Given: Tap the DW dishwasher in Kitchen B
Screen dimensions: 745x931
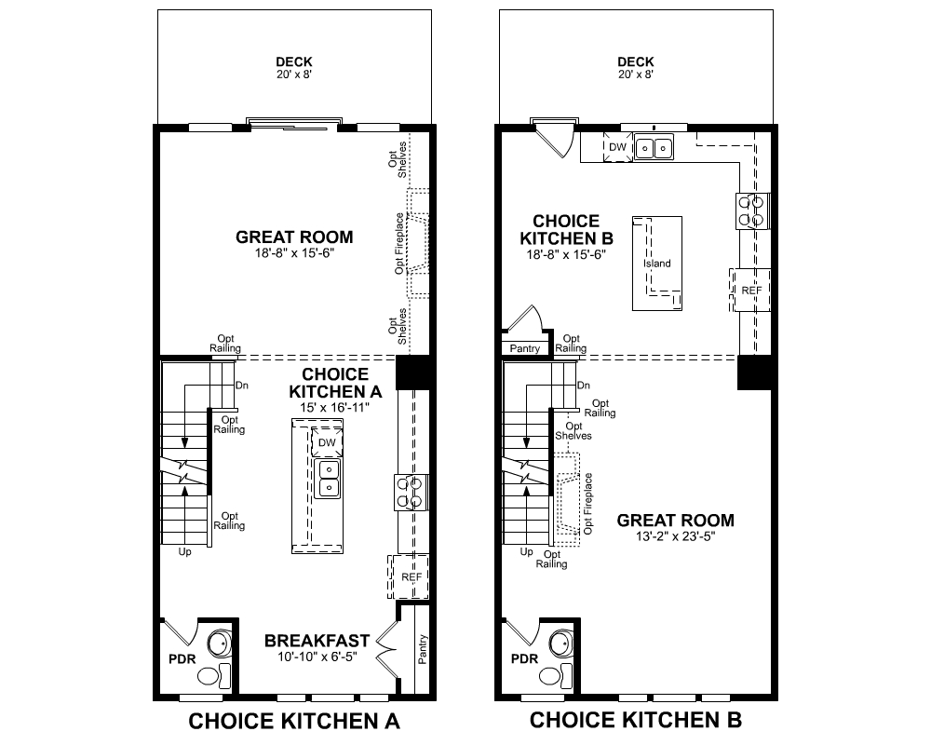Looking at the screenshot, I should pyautogui.click(x=617, y=147).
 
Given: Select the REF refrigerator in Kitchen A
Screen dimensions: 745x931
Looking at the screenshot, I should pyautogui.click(x=411, y=577).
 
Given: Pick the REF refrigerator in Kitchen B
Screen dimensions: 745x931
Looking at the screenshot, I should pyautogui.click(x=751, y=291).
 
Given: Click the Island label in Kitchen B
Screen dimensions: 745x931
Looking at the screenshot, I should pyautogui.click(x=656, y=264).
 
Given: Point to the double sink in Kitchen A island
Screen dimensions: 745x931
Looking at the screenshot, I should pyautogui.click(x=327, y=479).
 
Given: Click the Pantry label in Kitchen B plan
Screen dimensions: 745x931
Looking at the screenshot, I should pyautogui.click(x=525, y=348).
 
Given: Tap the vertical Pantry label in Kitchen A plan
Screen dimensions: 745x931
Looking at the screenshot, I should pyautogui.click(x=423, y=649).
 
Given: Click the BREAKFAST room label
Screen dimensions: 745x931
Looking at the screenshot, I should pyautogui.click(x=317, y=641).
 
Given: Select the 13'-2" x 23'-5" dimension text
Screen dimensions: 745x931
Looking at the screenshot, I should pyautogui.click(x=676, y=536).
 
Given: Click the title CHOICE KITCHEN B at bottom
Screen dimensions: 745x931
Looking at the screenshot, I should pyautogui.click(x=636, y=720).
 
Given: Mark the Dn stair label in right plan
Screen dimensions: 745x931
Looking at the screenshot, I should pyautogui.click(x=584, y=385).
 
